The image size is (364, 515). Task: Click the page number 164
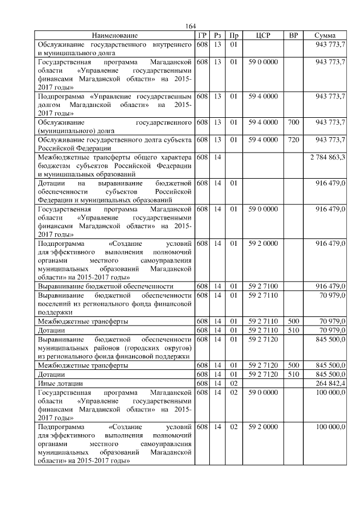(191, 26)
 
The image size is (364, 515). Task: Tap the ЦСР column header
(263, 35)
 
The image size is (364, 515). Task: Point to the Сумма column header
(324, 35)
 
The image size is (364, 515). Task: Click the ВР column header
(293, 35)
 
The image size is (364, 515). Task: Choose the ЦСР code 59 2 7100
(263, 286)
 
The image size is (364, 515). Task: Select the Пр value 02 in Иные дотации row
(233, 384)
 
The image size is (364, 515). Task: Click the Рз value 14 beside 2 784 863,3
(217, 157)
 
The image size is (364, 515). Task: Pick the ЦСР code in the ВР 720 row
(263, 139)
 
